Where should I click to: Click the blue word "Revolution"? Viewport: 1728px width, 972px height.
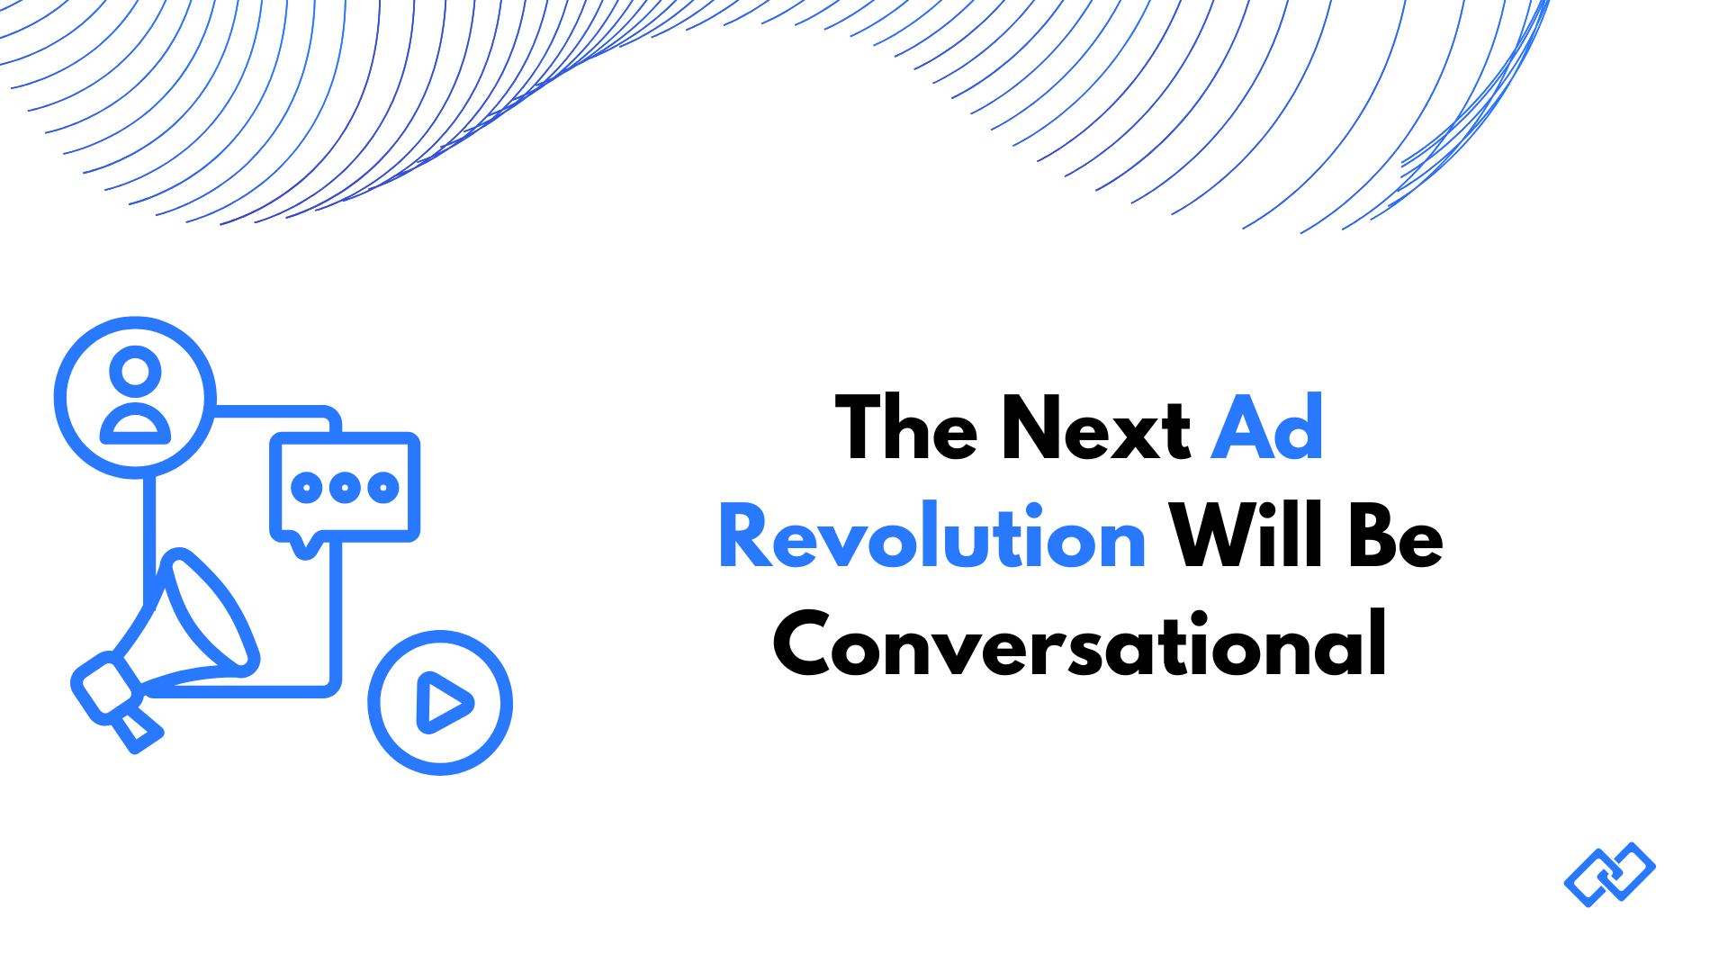pos(932,537)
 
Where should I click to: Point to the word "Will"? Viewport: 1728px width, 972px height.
pos(1246,537)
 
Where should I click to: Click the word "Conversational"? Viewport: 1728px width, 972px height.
pos(1080,645)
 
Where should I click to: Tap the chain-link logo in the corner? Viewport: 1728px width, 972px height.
pos(1610,875)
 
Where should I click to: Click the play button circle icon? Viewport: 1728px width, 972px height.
pos(440,703)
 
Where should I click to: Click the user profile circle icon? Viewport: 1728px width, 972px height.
pos(135,397)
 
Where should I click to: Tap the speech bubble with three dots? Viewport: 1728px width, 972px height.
pos(346,488)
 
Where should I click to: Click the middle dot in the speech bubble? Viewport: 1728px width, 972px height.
pos(346,488)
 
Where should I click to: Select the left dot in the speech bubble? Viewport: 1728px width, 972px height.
pos(307,488)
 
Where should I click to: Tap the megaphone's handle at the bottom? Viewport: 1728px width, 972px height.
pos(138,730)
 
